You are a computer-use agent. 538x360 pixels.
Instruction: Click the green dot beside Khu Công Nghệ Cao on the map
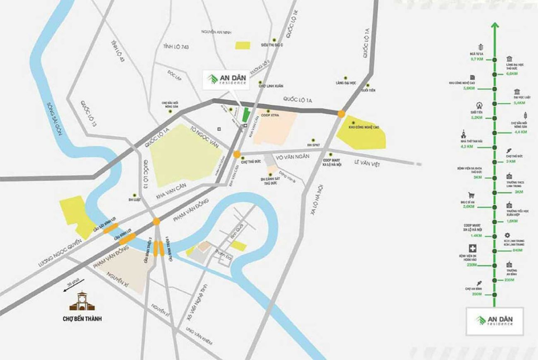(353, 122)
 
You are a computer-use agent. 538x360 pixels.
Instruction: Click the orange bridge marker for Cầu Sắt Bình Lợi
(110, 226)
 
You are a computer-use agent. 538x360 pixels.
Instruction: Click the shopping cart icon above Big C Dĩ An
(471, 195)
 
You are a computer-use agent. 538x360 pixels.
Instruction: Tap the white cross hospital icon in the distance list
(471, 249)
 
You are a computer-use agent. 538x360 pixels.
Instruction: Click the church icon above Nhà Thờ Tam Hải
(464, 134)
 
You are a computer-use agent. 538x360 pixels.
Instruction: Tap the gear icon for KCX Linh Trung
(508, 235)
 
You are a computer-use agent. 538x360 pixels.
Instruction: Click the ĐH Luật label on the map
(135, 199)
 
